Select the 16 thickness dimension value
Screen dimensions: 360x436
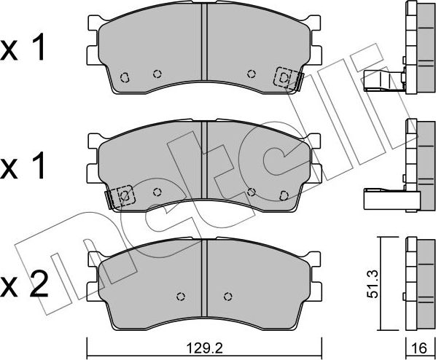point(419,348)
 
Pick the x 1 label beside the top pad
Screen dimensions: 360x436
point(24,50)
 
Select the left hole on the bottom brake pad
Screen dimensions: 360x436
point(181,296)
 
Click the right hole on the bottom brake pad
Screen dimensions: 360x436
point(227,296)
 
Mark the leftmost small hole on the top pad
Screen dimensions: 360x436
point(125,76)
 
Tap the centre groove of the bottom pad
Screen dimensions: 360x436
point(204,281)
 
